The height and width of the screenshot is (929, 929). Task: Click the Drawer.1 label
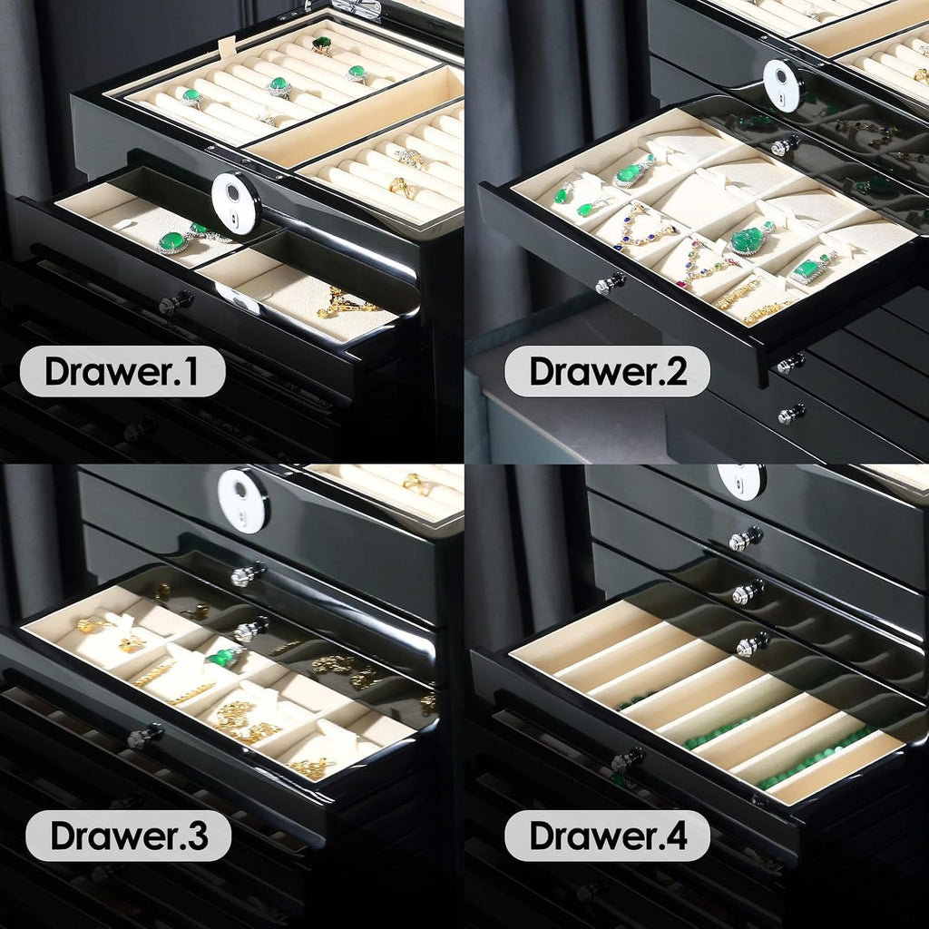pyautogui.click(x=122, y=371)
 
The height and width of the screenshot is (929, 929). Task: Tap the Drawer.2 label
pyautogui.click(x=607, y=371)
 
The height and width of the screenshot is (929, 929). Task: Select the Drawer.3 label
pyautogui.click(x=129, y=836)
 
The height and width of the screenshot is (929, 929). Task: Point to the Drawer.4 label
pyautogui.click(x=607, y=836)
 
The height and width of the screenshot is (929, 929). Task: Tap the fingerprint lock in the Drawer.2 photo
pyautogui.click(x=783, y=84)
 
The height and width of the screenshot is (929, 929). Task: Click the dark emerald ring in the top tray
pyautogui.click(x=322, y=44)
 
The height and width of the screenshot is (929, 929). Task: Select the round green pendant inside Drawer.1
pyautogui.click(x=171, y=241)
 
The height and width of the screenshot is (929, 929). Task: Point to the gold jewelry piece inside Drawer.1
pyautogui.click(x=346, y=302)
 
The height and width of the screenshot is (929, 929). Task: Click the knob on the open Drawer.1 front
pyautogui.click(x=175, y=301)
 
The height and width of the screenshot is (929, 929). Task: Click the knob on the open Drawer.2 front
pyautogui.click(x=611, y=284)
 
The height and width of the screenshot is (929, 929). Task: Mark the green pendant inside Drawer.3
pyautogui.click(x=225, y=657)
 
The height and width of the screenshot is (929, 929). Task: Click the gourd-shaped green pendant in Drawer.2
pyautogui.click(x=631, y=173)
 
